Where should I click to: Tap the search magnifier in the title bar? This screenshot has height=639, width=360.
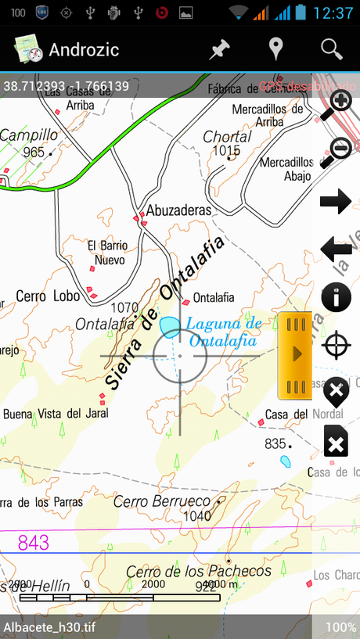[x=332, y=49]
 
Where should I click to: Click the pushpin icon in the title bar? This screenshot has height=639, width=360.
[x=220, y=49]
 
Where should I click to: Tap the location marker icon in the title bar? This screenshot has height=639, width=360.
[x=275, y=49]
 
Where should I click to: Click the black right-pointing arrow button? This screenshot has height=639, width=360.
[x=336, y=202]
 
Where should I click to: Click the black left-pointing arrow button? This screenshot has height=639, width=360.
[x=336, y=250]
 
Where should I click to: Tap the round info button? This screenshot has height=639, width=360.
[x=337, y=298]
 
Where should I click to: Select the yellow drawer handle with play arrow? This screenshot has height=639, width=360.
[x=296, y=354]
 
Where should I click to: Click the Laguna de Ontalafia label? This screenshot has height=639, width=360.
[x=223, y=332]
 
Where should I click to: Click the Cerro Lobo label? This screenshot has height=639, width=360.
[x=42, y=296]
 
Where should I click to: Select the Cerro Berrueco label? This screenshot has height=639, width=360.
[x=162, y=501]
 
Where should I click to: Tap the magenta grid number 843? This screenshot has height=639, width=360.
[x=33, y=542]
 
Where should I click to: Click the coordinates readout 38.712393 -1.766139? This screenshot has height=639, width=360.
[x=66, y=86]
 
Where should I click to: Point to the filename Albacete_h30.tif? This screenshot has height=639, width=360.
[x=49, y=627]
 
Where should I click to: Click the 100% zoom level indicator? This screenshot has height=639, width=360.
[x=340, y=627]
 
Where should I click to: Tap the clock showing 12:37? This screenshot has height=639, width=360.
[x=333, y=13]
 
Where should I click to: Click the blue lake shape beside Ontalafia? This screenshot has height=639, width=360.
[x=170, y=327]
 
